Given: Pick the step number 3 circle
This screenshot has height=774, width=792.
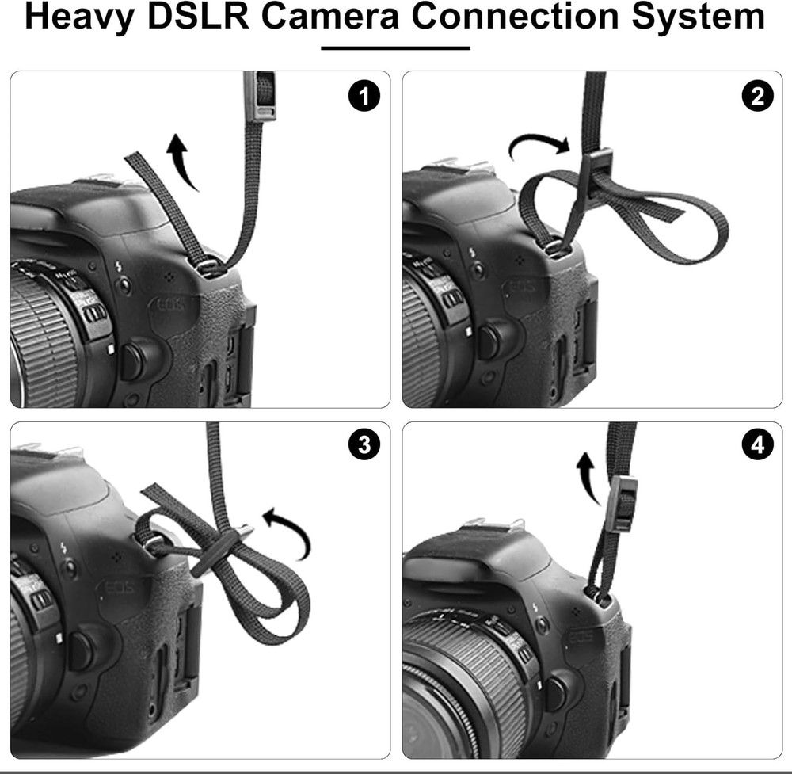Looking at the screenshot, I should (364, 445).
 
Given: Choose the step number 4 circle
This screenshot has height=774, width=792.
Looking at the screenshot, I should (757, 445).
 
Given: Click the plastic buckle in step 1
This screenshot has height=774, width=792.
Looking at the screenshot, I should (260, 95).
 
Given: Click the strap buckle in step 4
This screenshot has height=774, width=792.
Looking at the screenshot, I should (623, 503).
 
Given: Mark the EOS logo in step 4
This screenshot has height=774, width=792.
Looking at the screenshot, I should (583, 639).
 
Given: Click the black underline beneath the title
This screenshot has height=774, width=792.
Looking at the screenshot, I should (395, 48).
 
